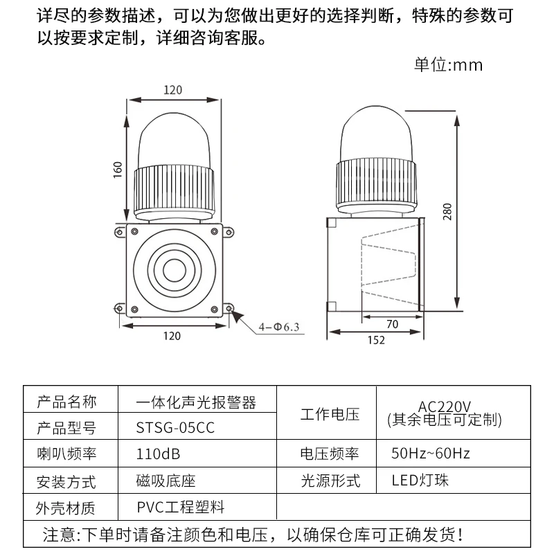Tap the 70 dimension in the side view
[x=391, y=323]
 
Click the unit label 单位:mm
[x=448, y=65]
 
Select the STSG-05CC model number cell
[x=176, y=427]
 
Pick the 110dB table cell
[x=159, y=454]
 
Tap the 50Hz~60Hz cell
[x=431, y=454]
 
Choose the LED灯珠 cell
[x=420, y=480]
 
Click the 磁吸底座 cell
[x=166, y=481]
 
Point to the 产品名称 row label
[x=66, y=402]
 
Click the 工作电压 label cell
[x=330, y=415]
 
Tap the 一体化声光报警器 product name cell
[x=197, y=402]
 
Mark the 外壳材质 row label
[x=66, y=508]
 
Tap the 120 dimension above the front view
[x=172, y=90]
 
